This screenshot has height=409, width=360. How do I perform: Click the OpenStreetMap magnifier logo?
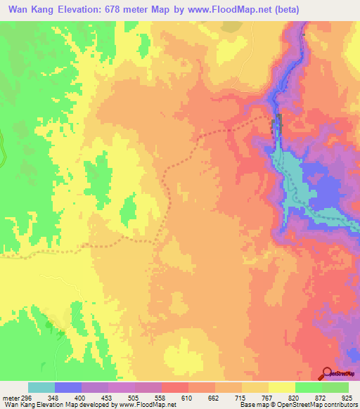click(x=327, y=373)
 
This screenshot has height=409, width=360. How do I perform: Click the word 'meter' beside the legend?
click(x=11, y=396)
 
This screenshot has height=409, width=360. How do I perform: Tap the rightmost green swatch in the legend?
click(x=335, y=387)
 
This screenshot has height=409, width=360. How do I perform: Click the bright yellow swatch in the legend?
click(x=282, y=387)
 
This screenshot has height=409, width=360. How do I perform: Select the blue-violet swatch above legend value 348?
click(x=68, y=387)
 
